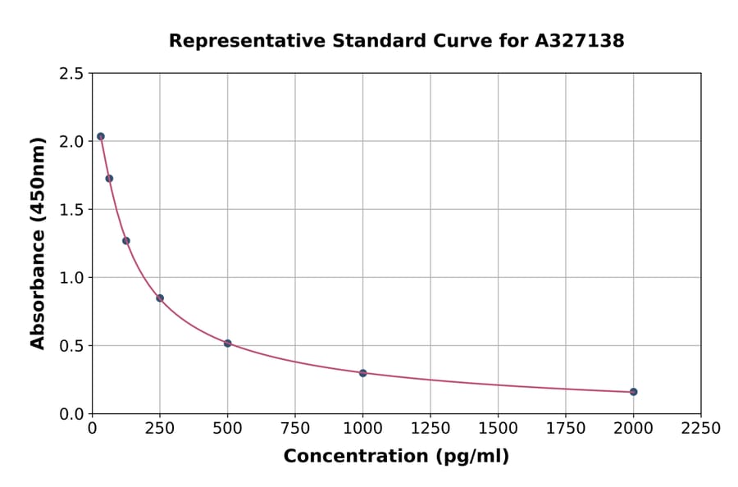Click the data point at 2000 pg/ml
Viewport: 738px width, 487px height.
[633, 392]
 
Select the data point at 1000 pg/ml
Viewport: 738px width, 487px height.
[362, 373]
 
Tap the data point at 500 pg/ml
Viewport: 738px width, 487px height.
[227, 344]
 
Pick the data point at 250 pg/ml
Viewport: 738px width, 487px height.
[160, 298]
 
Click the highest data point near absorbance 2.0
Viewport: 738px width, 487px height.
[101, 136]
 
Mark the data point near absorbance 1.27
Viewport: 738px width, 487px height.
[126, 240]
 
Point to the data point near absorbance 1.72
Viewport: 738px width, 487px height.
[109, 178]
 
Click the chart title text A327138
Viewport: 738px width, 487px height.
[580, 41]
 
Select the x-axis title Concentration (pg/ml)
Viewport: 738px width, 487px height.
[396, 457]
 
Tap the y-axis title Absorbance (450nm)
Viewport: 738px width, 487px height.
[38, 243]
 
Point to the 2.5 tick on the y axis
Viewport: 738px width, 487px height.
[71, 74]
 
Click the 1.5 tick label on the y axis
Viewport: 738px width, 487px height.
[71, 210]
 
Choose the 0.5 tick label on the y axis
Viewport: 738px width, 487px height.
[71, 346]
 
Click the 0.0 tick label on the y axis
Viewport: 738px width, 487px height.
[71, 414]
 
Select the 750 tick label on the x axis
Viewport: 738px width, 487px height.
[295, 429]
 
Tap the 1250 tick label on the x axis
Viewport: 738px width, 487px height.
[430, 429]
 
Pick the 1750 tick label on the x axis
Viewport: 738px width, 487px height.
[566, 429]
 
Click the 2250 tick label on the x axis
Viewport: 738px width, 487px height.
[701, 429]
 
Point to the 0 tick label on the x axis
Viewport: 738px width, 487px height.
[92, 429]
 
